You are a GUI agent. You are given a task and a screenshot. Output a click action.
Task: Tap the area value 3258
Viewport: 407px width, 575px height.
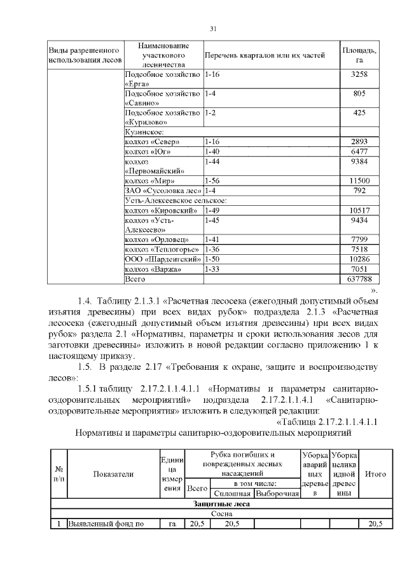pyautogui.click(x=360, y=75)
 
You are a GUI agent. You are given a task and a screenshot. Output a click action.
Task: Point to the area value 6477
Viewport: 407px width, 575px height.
pyautogui.click(x=360, y=151)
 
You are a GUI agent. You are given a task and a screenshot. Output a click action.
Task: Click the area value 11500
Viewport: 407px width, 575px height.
pyautogui.click(x=360, y=181)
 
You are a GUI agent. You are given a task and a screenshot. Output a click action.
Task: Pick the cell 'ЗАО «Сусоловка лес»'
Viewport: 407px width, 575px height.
pyautogui.click(x=163, y=191)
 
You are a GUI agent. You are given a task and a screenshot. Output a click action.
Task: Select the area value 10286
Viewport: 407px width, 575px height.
pyautogui.click(x=360, y=259)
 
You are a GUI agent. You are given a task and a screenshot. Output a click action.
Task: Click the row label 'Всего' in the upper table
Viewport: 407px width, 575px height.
pyautogui.click(x=135, y=279)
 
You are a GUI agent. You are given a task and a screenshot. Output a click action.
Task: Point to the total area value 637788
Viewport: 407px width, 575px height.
pyautogui.click(x=360, y=279)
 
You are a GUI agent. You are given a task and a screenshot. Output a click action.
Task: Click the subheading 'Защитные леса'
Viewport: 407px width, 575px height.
pyautogui.click(x=221, y=504)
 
